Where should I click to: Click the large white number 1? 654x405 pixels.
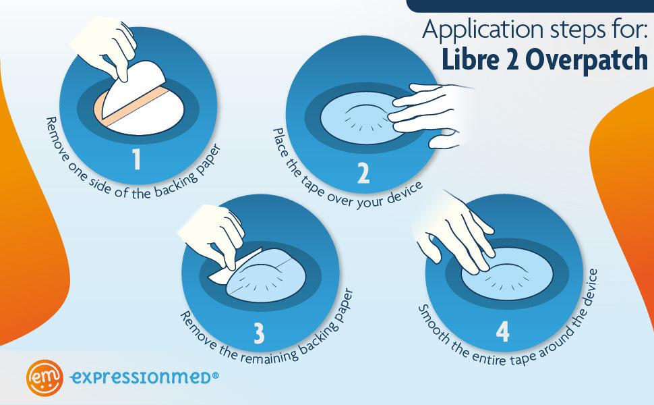[136, 159]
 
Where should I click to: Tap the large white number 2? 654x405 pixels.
[363, 173]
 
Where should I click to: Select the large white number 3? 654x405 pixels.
[259, 333]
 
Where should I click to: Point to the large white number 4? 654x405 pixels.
[502, 331]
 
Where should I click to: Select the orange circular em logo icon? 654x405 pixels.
[44, 377]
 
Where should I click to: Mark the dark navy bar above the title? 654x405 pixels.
[530, 6]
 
